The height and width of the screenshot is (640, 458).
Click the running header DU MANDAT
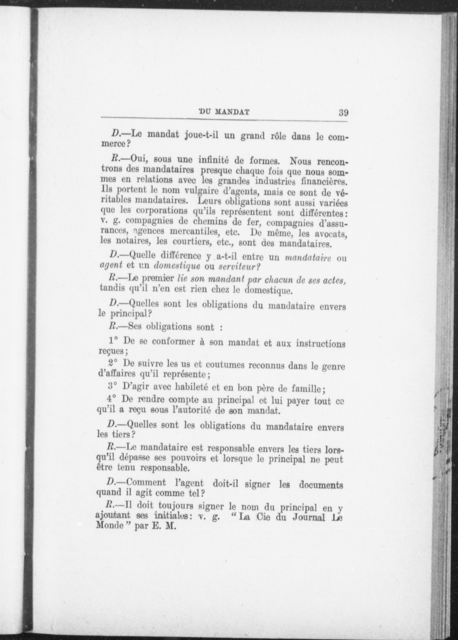click(224, 112)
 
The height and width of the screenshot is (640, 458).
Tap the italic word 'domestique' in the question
click(177, 266)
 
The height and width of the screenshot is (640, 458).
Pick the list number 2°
click(113, 364)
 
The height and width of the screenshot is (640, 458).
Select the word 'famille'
click(308, 389)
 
